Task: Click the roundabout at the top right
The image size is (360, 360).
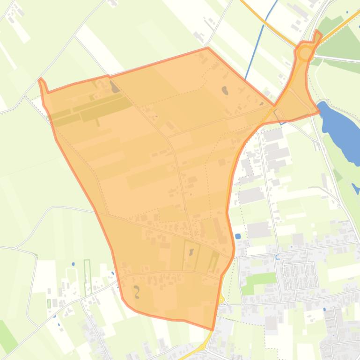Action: (305, 53)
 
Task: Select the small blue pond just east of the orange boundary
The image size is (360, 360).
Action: (238, 236)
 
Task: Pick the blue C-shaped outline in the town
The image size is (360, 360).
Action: (278, 257)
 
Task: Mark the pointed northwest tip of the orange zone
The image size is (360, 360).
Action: (41, 79)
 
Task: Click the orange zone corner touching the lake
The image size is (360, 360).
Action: (319, 111)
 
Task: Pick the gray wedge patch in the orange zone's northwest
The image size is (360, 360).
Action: (114, 87)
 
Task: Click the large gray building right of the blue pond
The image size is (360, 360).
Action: (259, 229)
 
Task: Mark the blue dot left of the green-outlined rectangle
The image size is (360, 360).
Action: (73, 264)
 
